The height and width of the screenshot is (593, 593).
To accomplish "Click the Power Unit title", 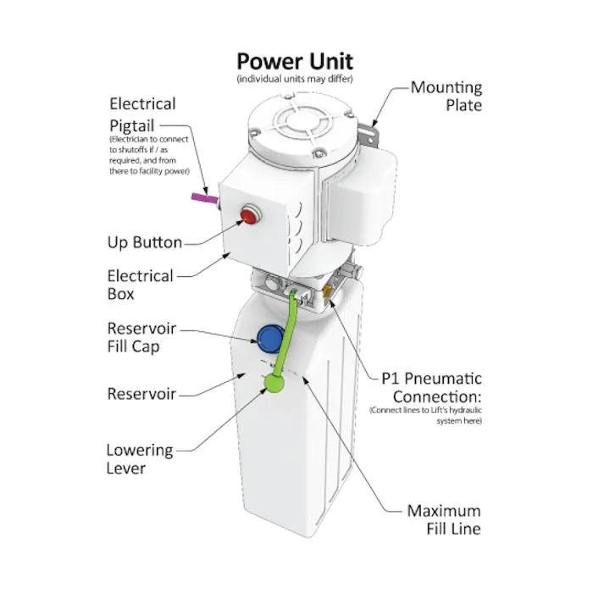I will [295, 61].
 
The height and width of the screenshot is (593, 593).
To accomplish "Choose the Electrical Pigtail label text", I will [142, 114].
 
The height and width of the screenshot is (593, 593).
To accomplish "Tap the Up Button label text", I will [144, 243].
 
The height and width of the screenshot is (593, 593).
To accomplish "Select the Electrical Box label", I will [140, 285].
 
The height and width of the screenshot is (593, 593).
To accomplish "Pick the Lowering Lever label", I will [139, 459].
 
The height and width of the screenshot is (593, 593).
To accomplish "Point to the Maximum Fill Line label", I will [443, 520].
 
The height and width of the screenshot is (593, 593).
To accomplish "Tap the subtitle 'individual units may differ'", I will [295, 79].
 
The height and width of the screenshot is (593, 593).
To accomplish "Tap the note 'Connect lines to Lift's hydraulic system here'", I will [425, 415].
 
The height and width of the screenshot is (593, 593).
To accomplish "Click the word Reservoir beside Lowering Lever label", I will [141, 394].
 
